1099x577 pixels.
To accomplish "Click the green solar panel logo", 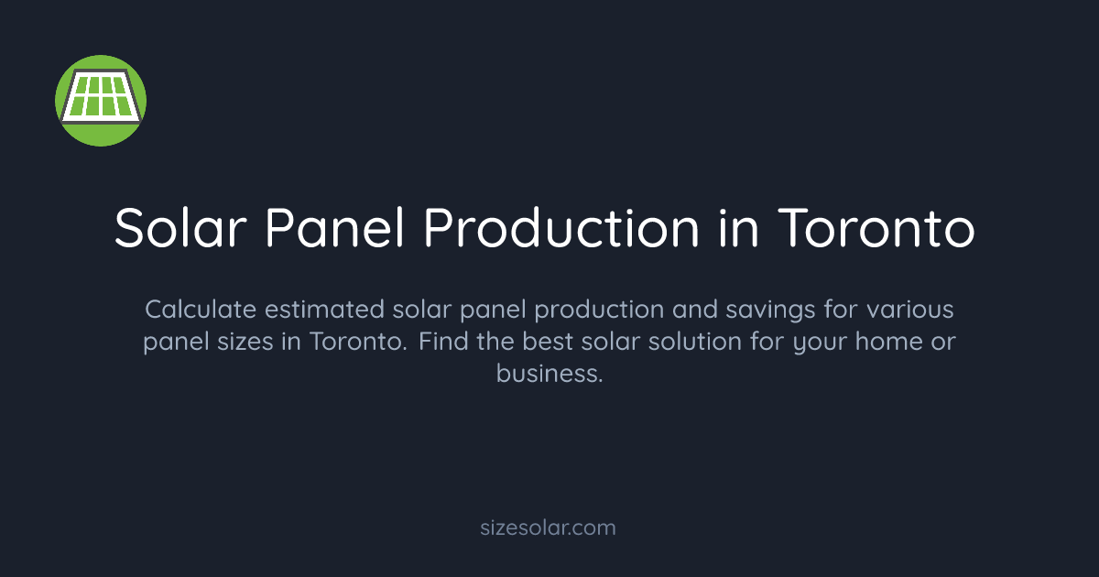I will click(101, 100).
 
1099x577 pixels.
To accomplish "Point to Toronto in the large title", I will click(876, 229).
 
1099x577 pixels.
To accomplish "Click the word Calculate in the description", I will click(199, 310).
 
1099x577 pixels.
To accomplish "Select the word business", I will click(549, 374).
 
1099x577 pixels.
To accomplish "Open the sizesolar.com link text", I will click(549, 528).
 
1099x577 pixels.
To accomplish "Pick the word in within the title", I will click(732, 229).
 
